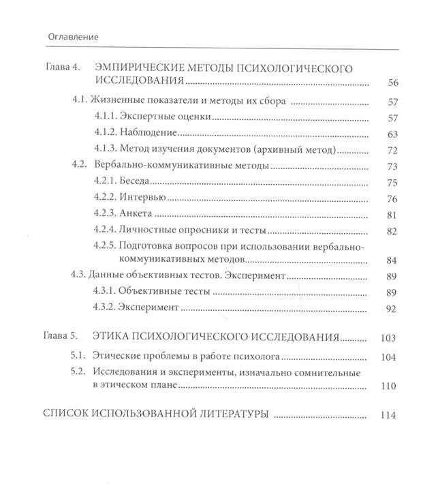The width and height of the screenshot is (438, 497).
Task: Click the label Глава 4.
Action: tap(62, 68)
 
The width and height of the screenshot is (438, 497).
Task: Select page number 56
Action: tap(392, 83)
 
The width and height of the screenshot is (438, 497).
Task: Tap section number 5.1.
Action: tap(82, 356)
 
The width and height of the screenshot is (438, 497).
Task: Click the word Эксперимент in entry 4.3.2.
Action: tap(148, 308)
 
